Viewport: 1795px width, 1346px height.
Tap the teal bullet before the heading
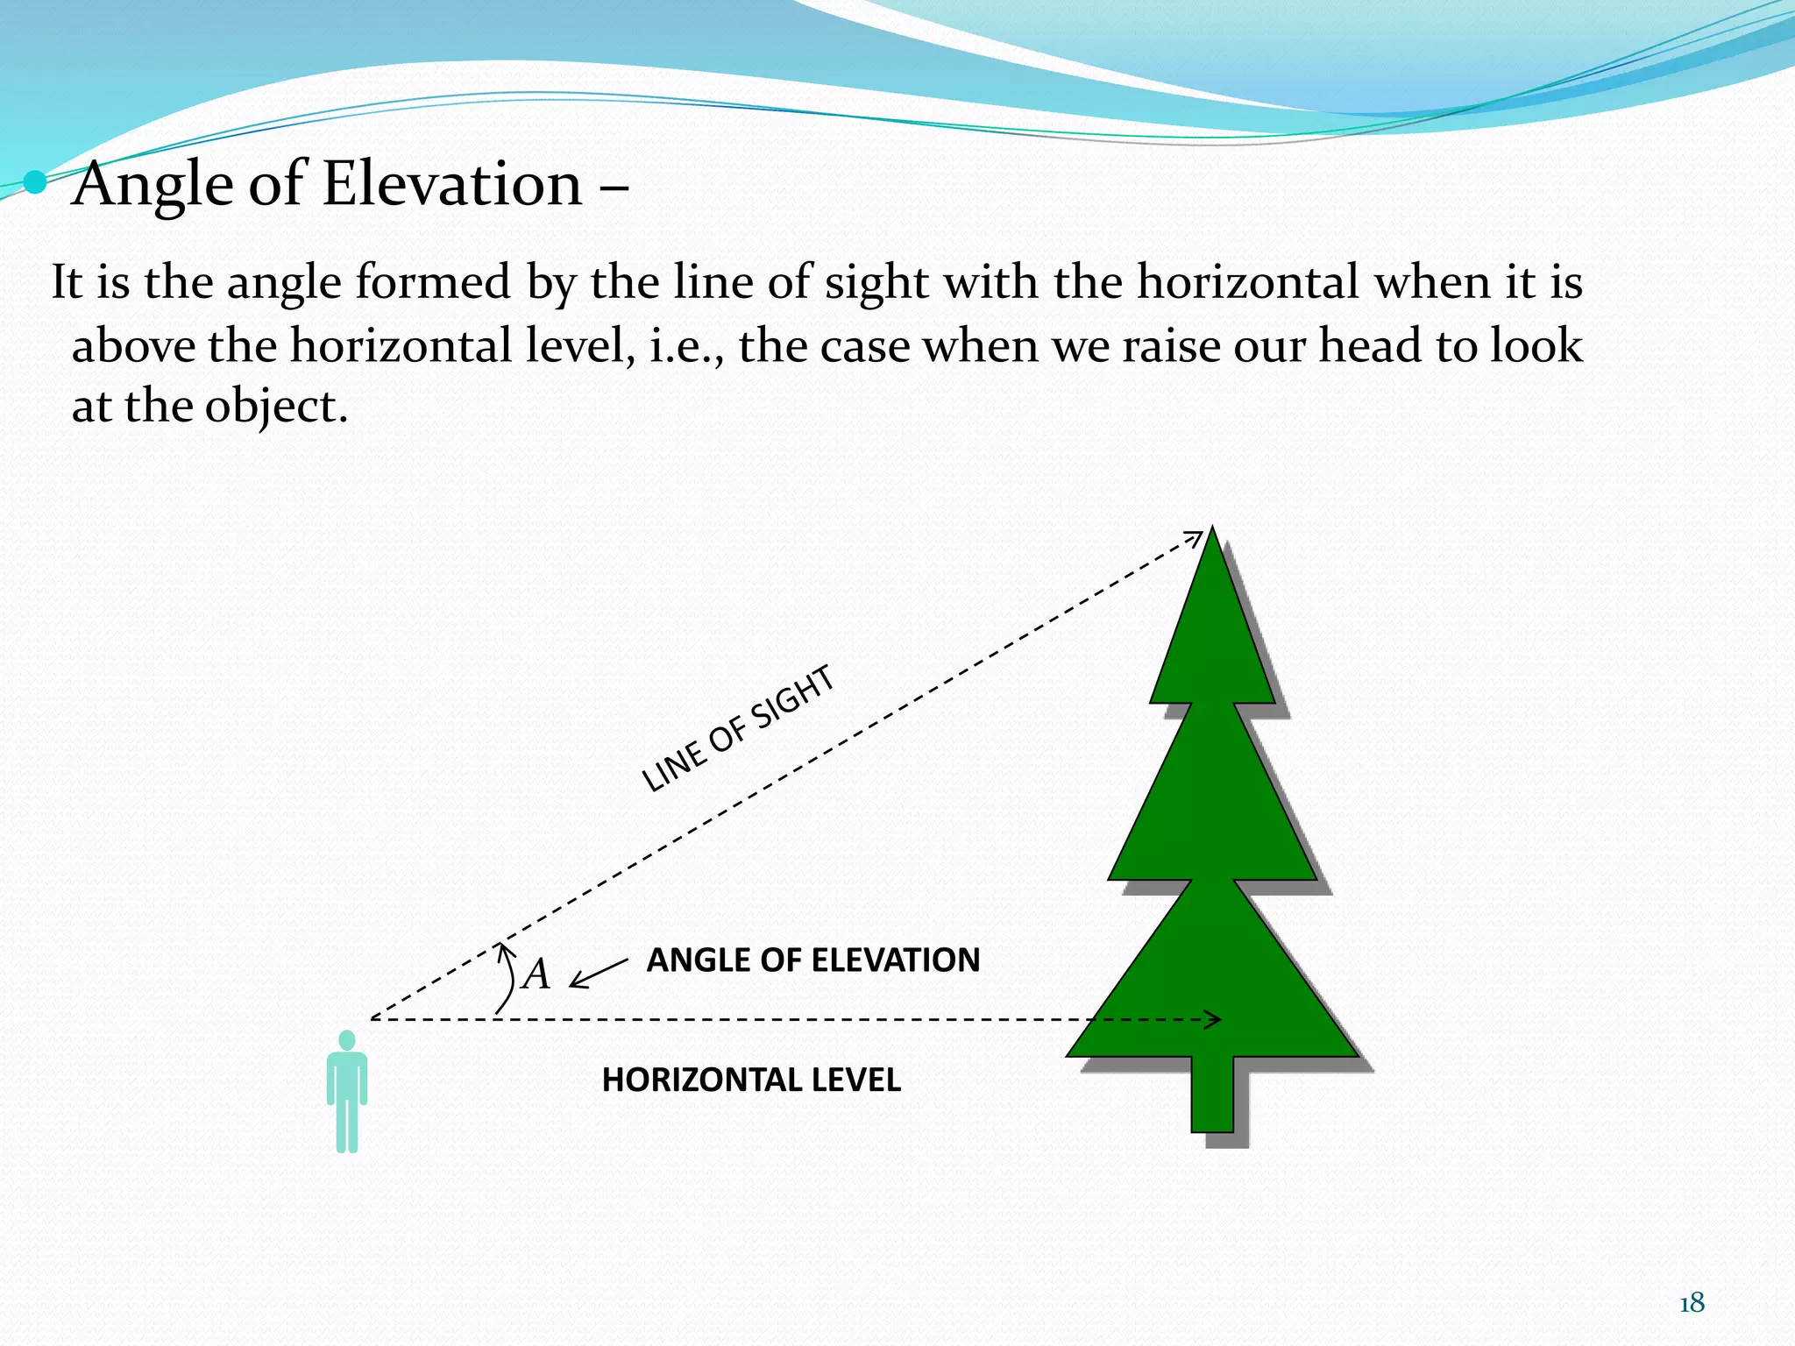(x=35, y=182)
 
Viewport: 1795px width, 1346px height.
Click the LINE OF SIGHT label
(x=738, y=729)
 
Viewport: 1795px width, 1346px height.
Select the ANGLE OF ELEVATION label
(x=812, y=960)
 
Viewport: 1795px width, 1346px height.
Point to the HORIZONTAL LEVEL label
(x=751, y=1080)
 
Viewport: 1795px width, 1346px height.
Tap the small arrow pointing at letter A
(x=598, y=973)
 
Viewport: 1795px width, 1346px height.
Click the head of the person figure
(x=347, y=1040)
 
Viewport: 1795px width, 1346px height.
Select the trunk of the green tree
(x=1212, y=1095)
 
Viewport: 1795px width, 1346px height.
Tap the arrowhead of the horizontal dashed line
(x=1215, y=1019)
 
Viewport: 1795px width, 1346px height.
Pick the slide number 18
(x=1692, y=1304)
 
